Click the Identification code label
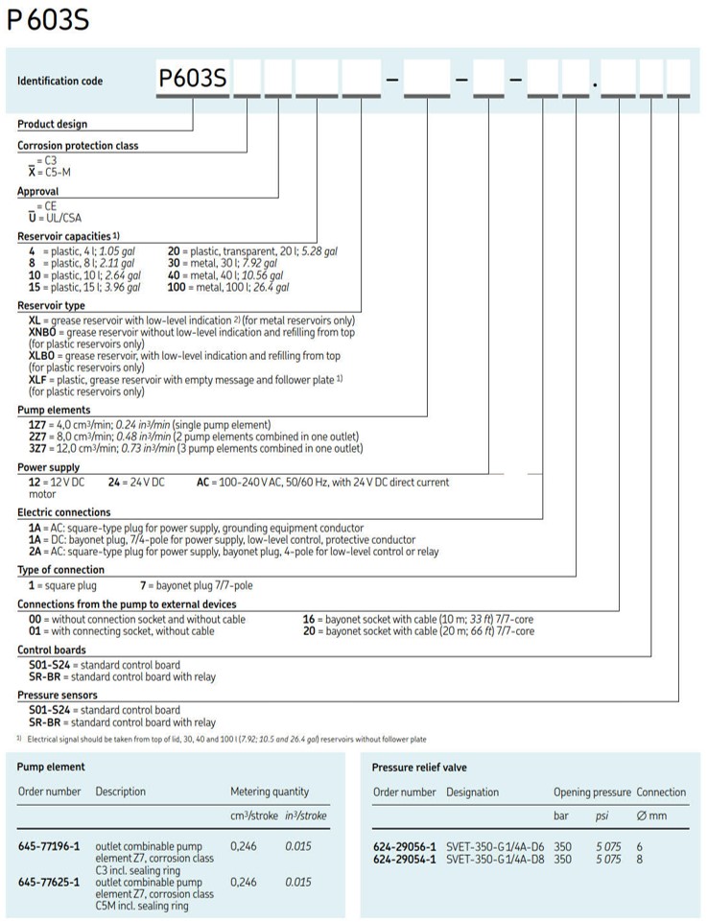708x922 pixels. click(59, 82)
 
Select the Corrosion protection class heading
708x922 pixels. click(78, 146)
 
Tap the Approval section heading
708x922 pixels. click(38, 192)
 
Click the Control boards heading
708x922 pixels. click(52, 650)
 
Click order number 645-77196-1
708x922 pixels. click(49, 847)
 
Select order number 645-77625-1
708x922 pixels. click(49, 879)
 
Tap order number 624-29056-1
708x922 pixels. click(404, 847)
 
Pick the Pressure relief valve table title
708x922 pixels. click(419, 768)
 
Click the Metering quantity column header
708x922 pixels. click(270, 792)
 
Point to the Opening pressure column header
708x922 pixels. click(592, 792)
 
